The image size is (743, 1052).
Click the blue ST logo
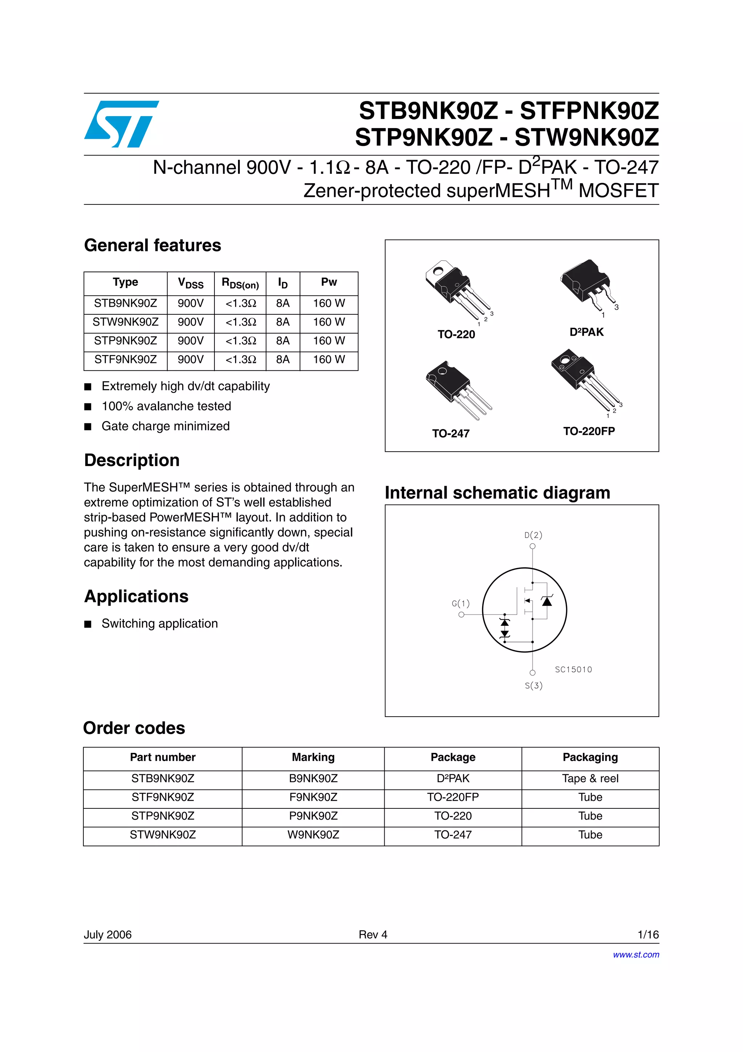click(121, 124)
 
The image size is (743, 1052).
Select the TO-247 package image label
click(451, 433)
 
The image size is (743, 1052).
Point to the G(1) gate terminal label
click(460, 603)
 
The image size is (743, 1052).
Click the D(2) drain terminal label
click(533, 535)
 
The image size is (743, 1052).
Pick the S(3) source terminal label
click(533, 685)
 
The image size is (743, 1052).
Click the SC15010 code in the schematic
click(573, 669)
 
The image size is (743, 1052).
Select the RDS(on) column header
click(240, 283)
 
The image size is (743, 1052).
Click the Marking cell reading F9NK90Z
click(313, 797)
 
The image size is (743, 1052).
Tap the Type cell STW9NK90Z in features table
click(126, 322)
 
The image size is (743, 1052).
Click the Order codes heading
click(134, 728)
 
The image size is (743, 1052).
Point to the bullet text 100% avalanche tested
click(166, 406)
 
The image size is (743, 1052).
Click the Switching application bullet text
click(159, 624)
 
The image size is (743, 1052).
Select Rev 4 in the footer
click(373, 934)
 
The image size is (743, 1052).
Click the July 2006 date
click(108, 934)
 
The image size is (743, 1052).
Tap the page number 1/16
click(648, 934)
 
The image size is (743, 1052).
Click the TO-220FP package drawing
click(586, 380)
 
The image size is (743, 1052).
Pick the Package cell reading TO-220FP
click(453, 797)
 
